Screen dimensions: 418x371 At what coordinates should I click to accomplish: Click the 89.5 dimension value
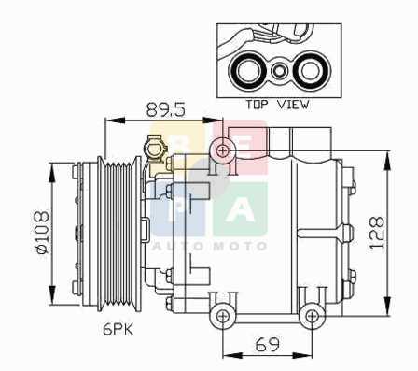click(x=166, y=109)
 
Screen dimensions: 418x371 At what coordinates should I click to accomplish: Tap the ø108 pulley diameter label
click(x=42, y=233)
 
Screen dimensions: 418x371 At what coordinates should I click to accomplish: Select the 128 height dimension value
click(x=376, y=233)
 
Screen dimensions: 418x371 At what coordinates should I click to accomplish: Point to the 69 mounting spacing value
click(x=268, y=344)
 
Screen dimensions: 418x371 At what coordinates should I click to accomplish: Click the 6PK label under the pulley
click(x=118, y=329)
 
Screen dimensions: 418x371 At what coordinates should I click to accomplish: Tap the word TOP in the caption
click(x=257, y=105)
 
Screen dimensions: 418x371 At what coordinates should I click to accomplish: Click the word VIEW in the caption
click(x=293, y=105)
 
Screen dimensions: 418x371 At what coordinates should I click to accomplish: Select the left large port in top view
click(x=247, y=70)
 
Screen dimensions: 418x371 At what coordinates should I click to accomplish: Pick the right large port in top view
click(x=312, y=70)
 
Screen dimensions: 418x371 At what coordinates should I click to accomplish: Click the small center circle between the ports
click(x=279, y=71)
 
